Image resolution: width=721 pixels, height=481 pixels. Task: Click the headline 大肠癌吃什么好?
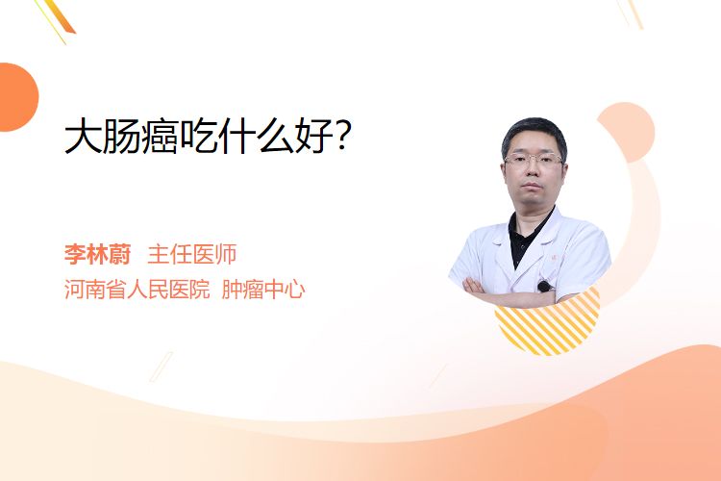[x=208, y=137]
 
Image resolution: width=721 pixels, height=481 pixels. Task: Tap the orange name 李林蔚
[x=97, y=255]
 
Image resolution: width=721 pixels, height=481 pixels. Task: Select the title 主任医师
[x=191, y=255]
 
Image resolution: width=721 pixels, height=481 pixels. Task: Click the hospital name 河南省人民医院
[x=137, y=290]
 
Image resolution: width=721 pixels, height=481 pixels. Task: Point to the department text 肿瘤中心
[x=263, y=290]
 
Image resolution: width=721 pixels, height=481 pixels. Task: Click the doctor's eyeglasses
[x=534, y=160]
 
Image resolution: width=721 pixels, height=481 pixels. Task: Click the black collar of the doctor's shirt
[x=529, y=235]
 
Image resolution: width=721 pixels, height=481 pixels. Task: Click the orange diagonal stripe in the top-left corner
[x=59, y=17]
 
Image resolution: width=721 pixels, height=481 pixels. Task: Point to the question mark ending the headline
[x=343, y=137]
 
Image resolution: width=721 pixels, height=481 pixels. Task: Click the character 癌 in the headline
[x=160, y=137]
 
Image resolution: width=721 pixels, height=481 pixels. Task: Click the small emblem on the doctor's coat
[x=554, y=258]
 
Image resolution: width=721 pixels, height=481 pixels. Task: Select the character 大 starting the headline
[x=83, y=137]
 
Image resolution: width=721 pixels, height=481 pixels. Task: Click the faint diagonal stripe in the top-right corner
[x=633, y=13]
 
